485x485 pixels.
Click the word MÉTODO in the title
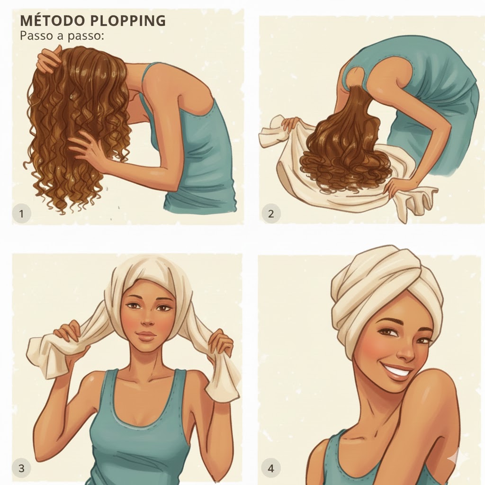52,21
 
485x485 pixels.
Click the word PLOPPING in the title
128,21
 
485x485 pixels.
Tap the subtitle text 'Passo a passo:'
61,36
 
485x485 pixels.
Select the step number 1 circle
22,214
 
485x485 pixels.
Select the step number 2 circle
271,214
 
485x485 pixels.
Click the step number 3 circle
22,468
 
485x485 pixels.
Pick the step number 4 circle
271,468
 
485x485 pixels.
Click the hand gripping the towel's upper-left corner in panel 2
291,124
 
